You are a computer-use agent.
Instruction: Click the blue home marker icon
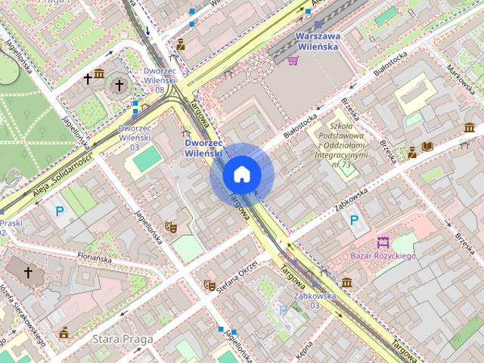pos(242,175)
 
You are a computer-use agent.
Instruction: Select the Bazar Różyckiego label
pos(383,256)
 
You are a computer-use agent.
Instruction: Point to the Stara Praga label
pos(123,339)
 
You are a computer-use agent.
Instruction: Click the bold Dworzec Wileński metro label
pos(203,147)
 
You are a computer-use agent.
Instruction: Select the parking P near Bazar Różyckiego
pos(353,220)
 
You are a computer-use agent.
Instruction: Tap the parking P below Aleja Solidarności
pos(60,213)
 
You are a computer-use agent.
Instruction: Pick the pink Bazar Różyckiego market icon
pos(383,243)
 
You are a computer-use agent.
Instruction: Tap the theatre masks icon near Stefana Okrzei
pos(209,285)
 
